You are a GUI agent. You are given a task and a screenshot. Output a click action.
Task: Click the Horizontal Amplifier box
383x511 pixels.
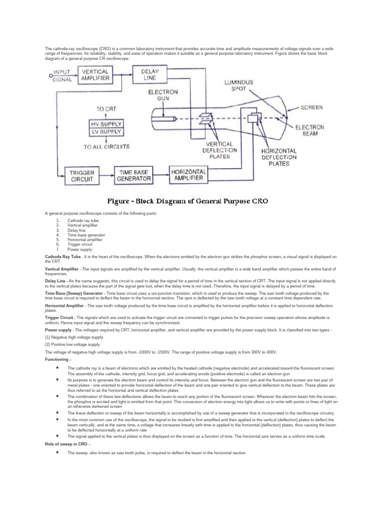click(x=187, y=174)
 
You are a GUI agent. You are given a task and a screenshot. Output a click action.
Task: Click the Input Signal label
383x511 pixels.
click(x=63, y=75)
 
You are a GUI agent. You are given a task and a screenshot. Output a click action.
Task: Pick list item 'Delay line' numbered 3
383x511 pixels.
click(x=76, y=230)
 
